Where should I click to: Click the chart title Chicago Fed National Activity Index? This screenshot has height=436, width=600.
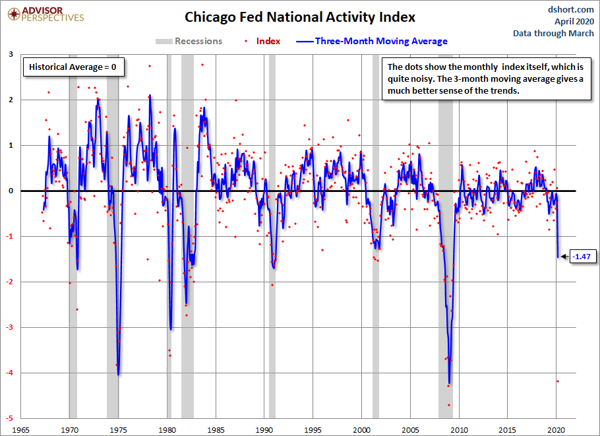299,17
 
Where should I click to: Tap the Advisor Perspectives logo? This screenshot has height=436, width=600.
45,14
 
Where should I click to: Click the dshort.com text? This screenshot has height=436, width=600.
570,10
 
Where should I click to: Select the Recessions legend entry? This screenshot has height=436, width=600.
189,41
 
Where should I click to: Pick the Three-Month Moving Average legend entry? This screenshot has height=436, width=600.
372,41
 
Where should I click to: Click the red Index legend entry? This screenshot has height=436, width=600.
262,41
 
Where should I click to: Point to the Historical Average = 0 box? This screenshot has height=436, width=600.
73,67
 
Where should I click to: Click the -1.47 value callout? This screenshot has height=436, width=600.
583,257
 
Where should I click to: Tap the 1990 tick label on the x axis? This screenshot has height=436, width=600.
264,430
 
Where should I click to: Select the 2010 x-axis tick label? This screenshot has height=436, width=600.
459,430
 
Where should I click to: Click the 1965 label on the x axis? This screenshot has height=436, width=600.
20,430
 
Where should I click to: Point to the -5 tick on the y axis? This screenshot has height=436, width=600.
10,418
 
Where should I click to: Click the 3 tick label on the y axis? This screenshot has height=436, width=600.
11,54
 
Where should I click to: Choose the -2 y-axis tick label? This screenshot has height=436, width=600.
10,282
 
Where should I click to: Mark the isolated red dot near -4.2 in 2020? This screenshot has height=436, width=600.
558,381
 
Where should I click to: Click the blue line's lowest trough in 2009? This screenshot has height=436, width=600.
449,383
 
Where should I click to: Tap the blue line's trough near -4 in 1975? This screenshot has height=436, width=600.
118,375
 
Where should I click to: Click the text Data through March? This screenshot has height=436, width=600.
553,33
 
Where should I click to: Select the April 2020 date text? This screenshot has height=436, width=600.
574,21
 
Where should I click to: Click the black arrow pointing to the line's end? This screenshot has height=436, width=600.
564,257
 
